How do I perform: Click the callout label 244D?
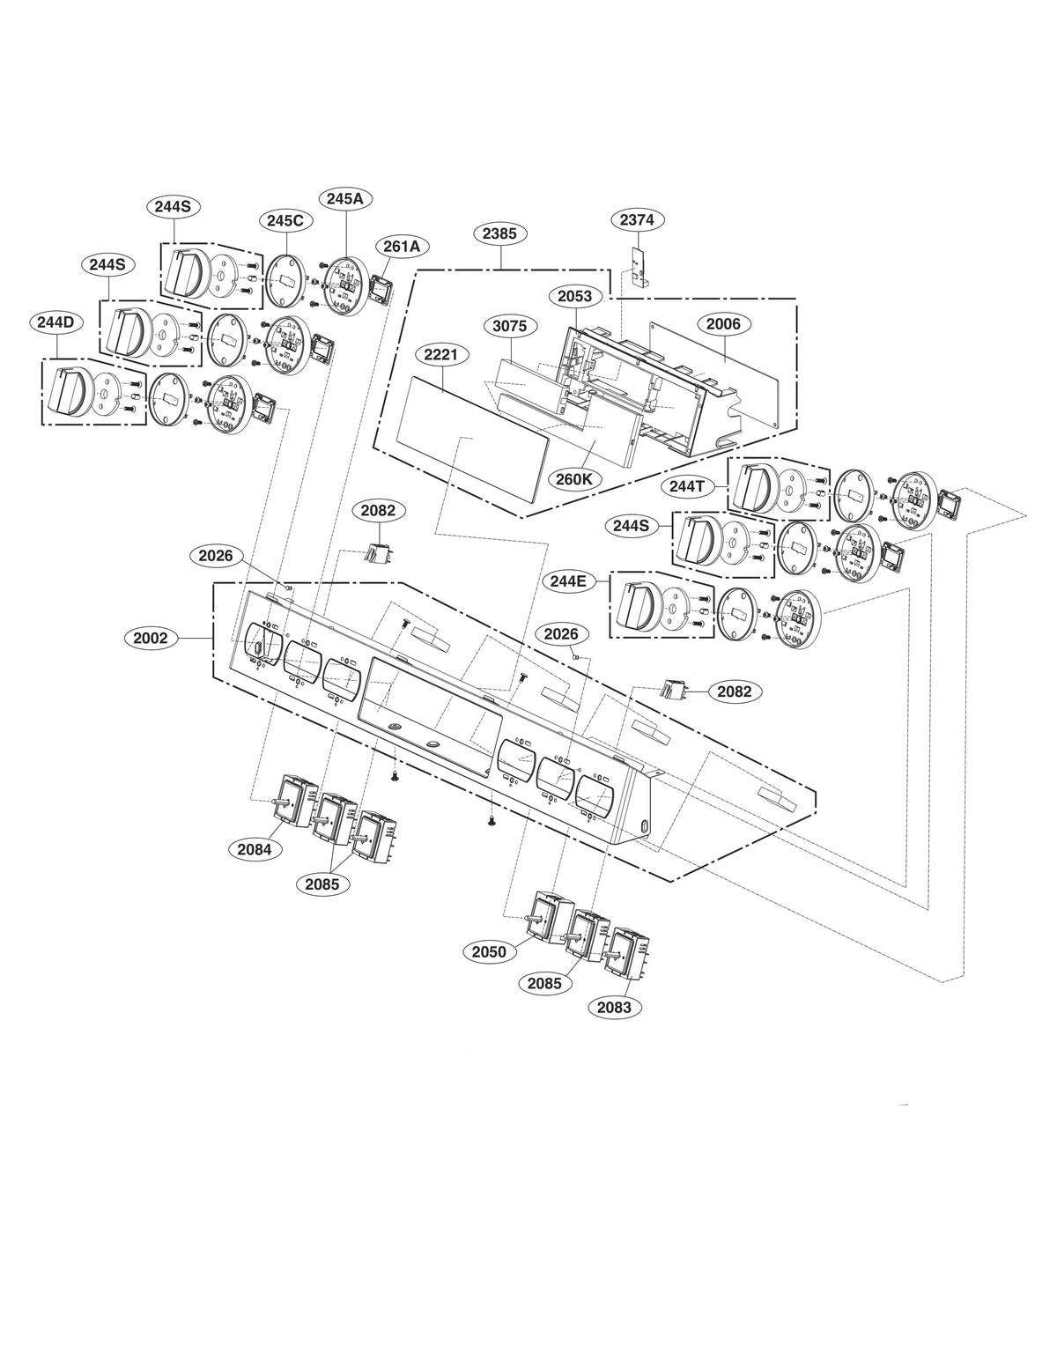pos(55,322)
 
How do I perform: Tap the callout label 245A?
pos(344,199)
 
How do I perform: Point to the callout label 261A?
pos(401,247)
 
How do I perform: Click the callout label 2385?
pos(499,234)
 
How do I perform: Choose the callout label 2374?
pos(636,220)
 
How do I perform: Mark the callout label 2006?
pos(723,324)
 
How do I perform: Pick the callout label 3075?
pos(509,326)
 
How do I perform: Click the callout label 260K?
pos(574,479)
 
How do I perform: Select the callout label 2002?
pos(151,638)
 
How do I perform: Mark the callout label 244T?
pos(688,484)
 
